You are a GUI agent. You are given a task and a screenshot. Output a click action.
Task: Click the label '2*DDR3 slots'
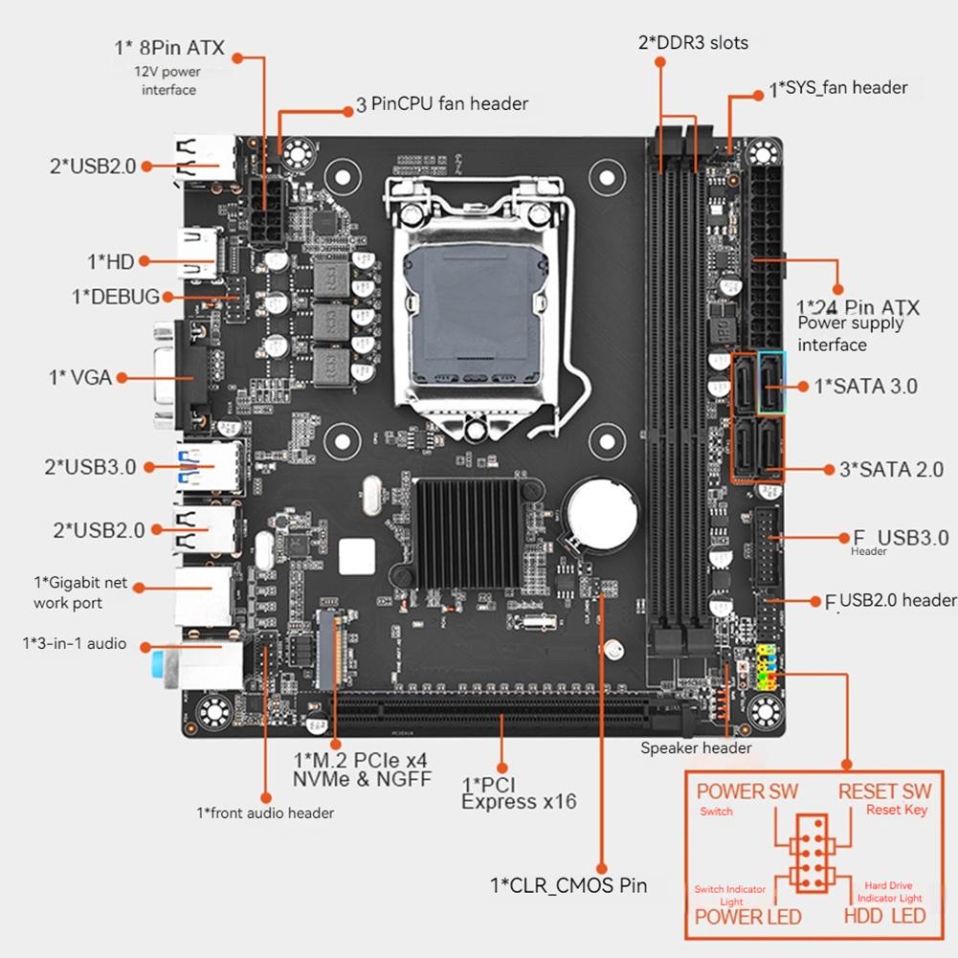(x=693, y=43)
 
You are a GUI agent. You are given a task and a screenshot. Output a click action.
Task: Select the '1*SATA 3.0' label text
(x=865, y=387)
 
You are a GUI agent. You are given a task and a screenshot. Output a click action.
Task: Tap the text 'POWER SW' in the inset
(x=746, y=791)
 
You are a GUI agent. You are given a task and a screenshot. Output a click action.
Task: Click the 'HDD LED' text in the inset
(x=884, y=916)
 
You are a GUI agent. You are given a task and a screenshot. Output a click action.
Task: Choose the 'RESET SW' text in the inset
(x=884, y=791)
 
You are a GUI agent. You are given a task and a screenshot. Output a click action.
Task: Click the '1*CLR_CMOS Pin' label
(x=568, y=885)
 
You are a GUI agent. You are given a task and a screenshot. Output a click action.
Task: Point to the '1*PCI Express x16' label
(x=519, y=792)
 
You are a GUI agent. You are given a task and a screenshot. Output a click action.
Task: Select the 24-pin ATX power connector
(x=767, y=256)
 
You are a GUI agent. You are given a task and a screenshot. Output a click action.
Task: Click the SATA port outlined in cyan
(x=770, y=382)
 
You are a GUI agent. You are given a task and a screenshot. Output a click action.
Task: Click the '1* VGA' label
(x=80, y=378)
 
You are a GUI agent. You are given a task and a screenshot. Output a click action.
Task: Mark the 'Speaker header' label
(x=696, y=747)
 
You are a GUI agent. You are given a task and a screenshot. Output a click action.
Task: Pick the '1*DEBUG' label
(x=116, y=297)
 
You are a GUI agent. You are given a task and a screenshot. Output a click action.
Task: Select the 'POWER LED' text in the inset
(x=747, y=916)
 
